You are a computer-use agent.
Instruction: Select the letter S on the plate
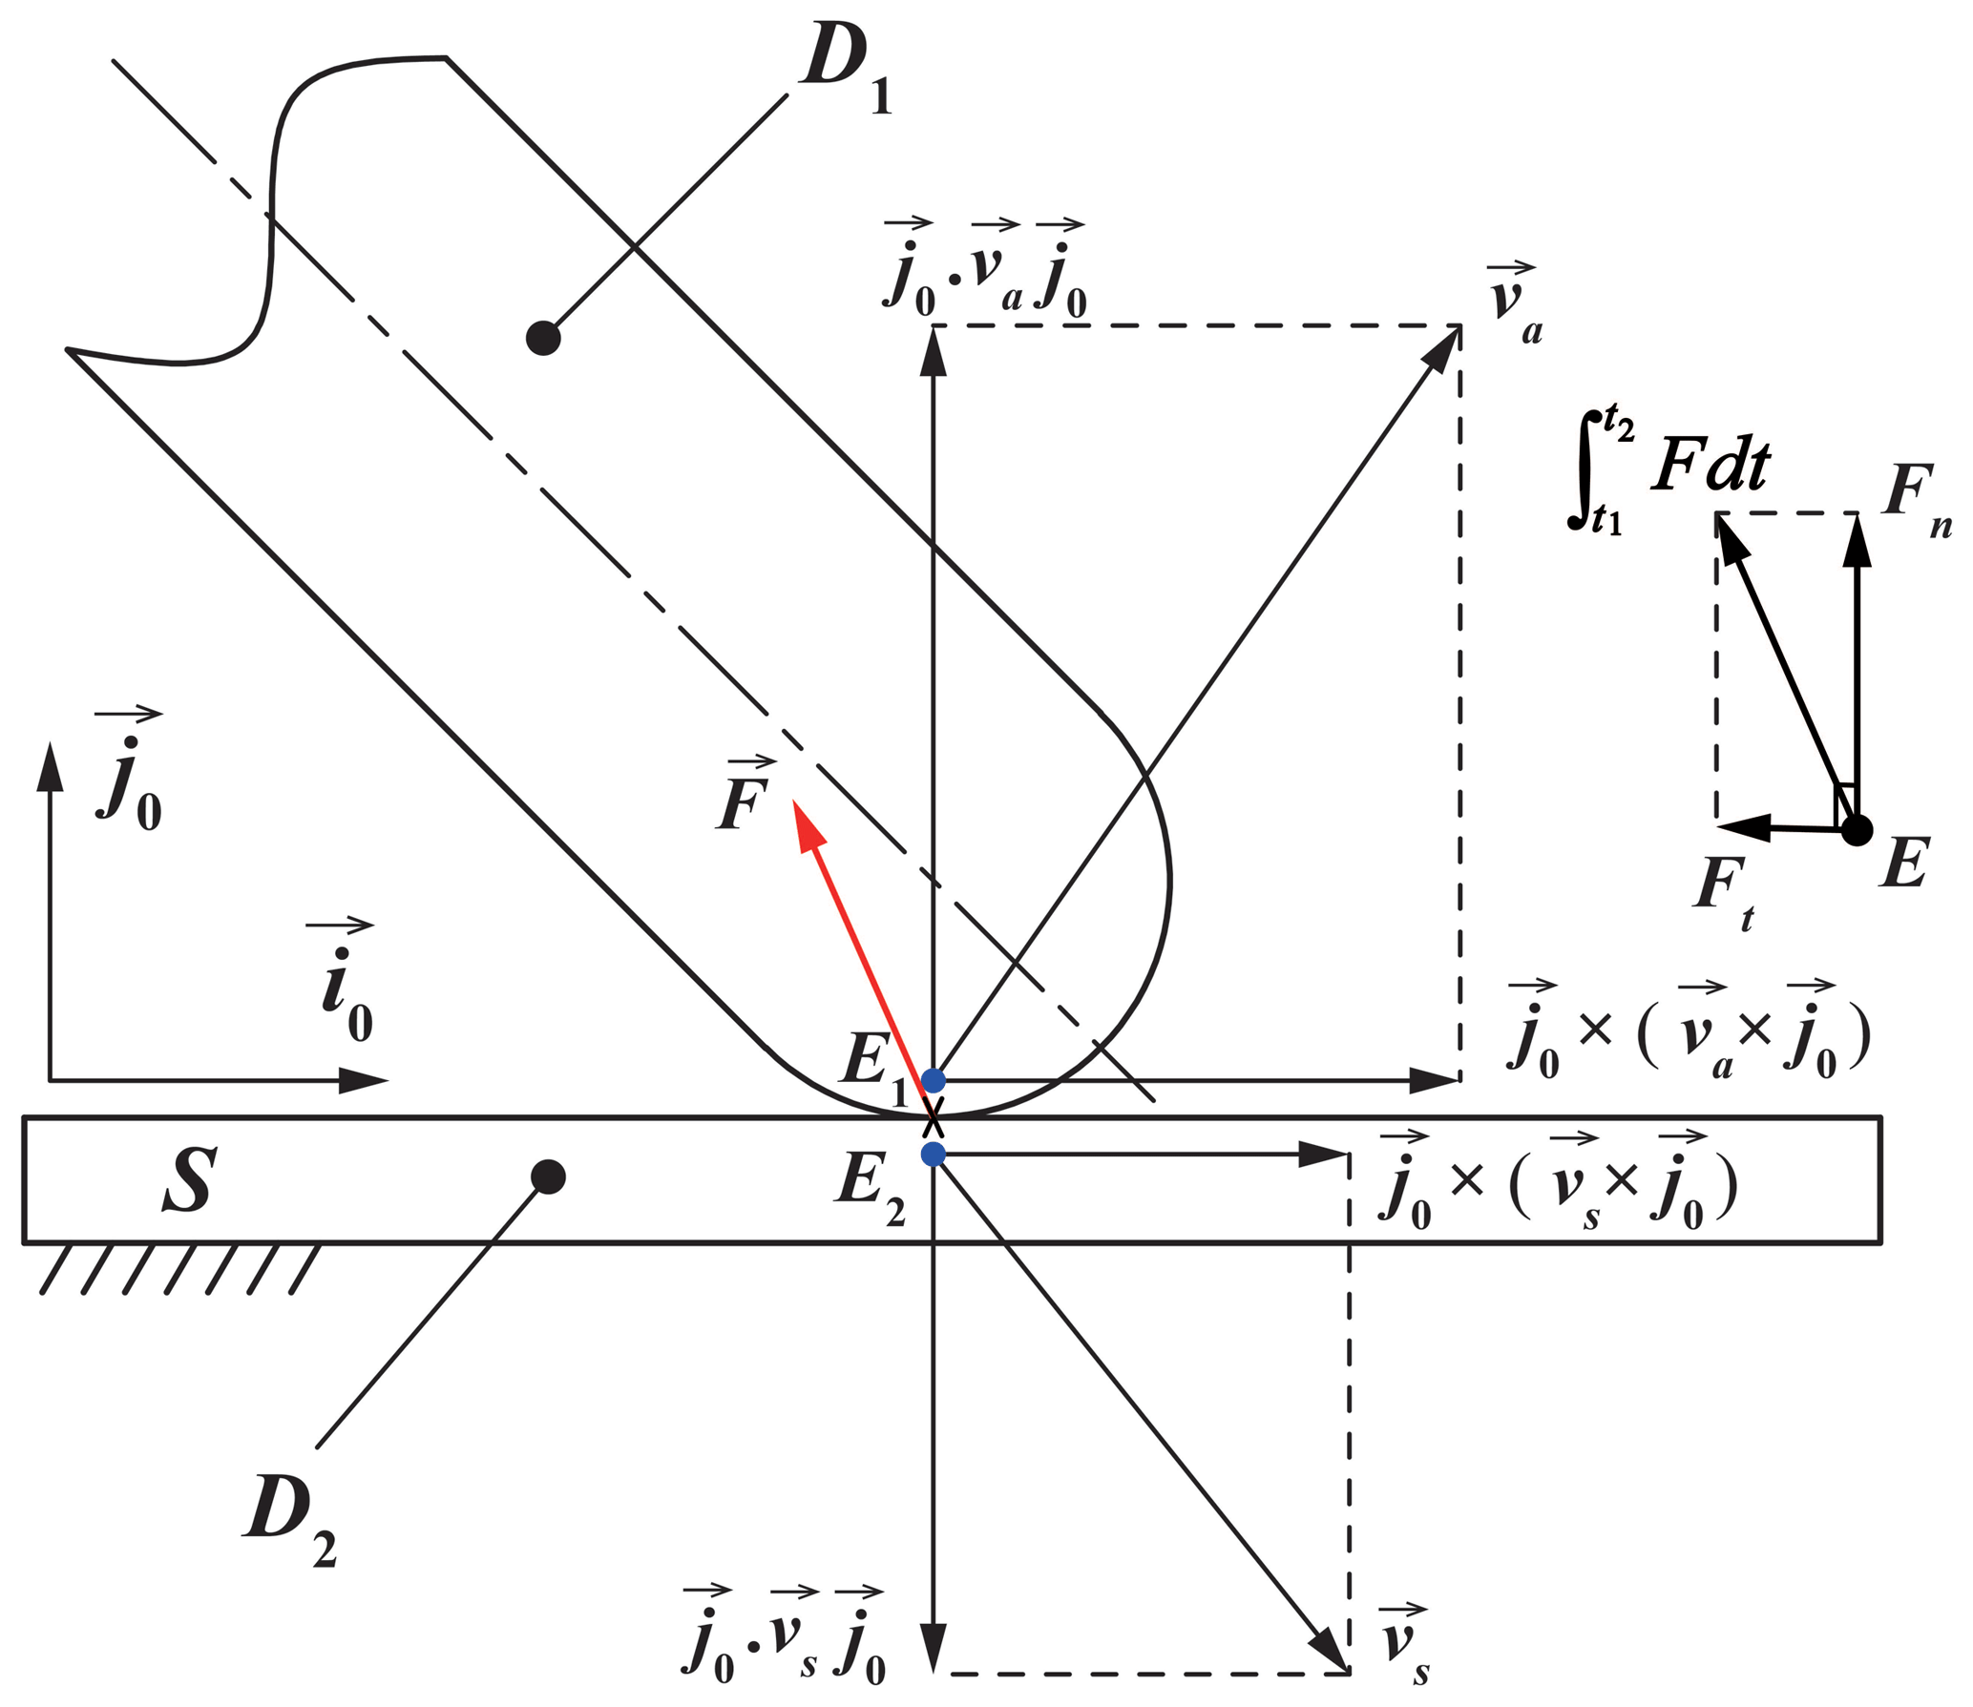point(189,1181)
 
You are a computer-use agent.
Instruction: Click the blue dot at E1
point(934,1080)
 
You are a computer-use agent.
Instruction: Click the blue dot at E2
point(934,1155)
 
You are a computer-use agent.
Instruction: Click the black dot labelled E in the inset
point(1857,830)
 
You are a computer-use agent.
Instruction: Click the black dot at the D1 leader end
point(543,338)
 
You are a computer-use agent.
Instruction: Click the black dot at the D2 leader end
point(548,1177)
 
